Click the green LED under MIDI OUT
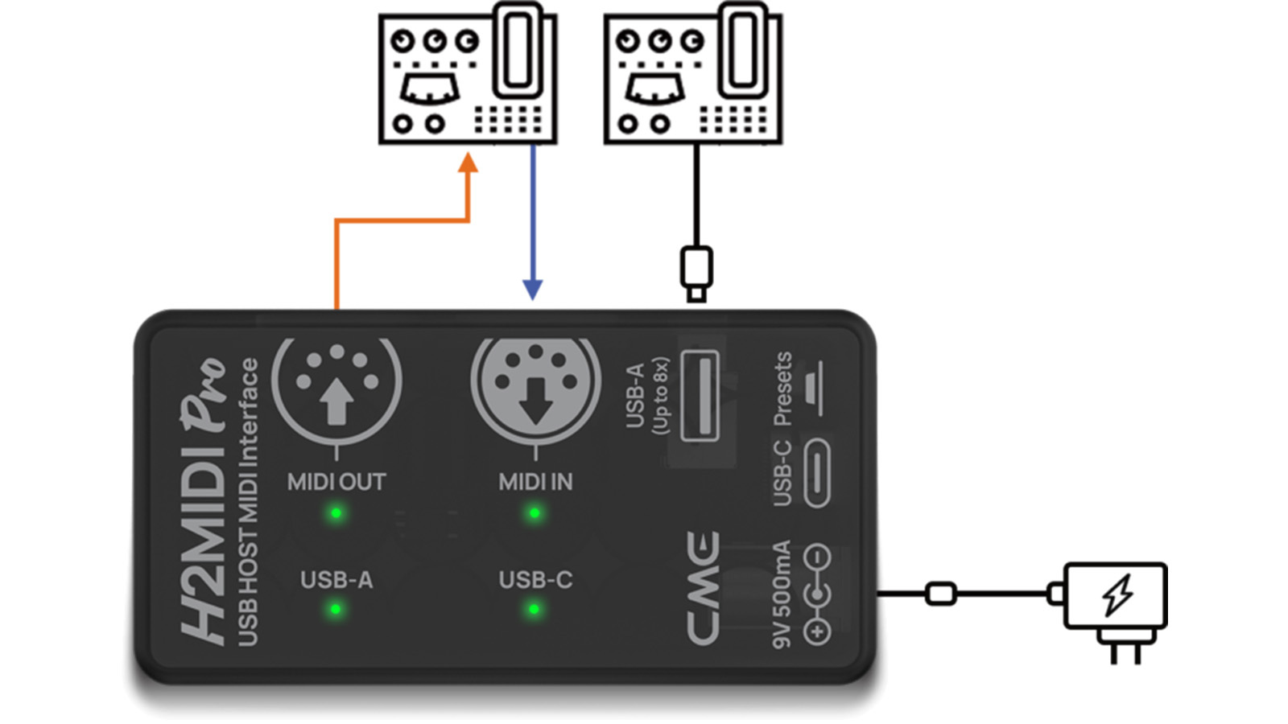point(336,513)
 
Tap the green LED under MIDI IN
point(534,513)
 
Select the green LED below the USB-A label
point(336,610)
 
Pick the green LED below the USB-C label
point(534,610)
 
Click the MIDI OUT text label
point(336,482)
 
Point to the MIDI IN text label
point(535,482)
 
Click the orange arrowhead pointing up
point(468,163)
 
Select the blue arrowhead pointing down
point(532,289)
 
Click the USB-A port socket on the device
point(700,396)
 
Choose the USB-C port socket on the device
point(816,474)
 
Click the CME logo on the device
point(703,587)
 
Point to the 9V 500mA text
point(781,594)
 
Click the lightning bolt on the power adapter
point(1117,594)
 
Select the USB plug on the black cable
point(696,272)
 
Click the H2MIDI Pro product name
point(202,499)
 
